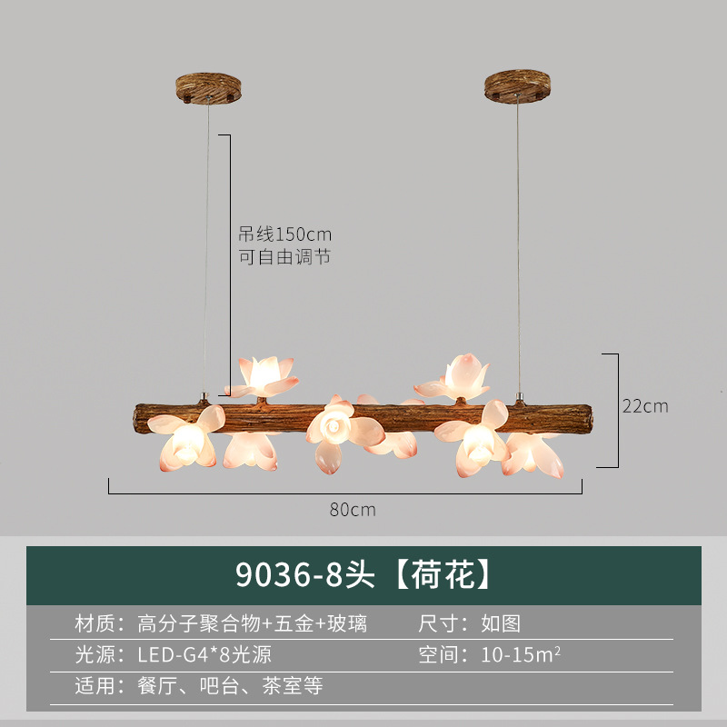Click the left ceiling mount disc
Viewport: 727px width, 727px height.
coord(209,88)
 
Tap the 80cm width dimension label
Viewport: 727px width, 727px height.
coord(353,510)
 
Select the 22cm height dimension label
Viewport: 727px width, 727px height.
coord(645,405)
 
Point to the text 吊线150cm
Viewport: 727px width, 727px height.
coord(284,234)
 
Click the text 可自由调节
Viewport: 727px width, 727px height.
coord(284,257)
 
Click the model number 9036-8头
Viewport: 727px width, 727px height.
coord(306,574)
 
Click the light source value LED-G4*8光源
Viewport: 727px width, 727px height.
coord(204,654)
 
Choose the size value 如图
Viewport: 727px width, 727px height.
coord(501,624)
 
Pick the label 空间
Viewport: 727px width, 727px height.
coord(439,654)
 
